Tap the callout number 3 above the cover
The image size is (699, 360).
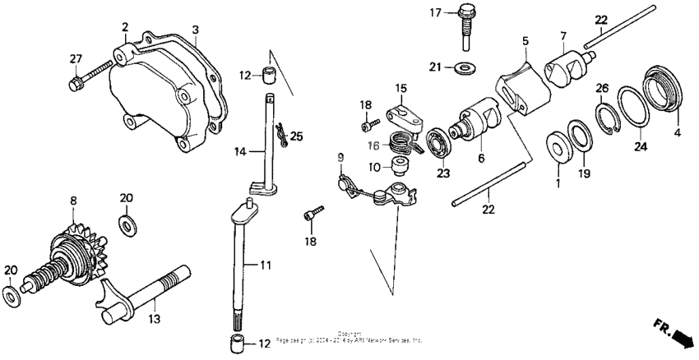pos(196,30)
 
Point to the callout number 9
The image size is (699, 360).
pos(339,156)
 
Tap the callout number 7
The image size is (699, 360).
pos(563,36)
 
